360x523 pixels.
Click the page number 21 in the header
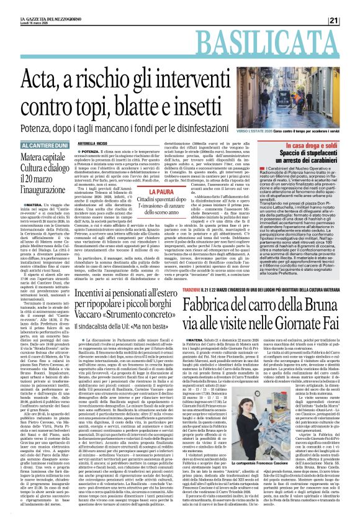coord(350,6)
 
